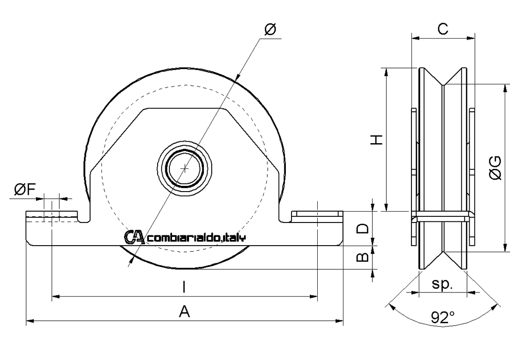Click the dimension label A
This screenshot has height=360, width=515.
pyautogui.click(x=183, y=311)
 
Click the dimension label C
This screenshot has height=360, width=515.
pyautogui.click(x=442, y=29)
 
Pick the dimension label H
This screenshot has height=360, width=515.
pyautogui.click(x=377, y=139)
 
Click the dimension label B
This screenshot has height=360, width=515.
pyautogui.click(x=363, y=256)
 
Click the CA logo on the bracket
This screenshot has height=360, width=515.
pyautogui.click(x=135, y=237)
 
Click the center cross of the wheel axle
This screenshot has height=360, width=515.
pyautogui.click(x=185, y=168)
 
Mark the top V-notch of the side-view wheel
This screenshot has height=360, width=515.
pyautogui.click(x=443, y=83)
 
